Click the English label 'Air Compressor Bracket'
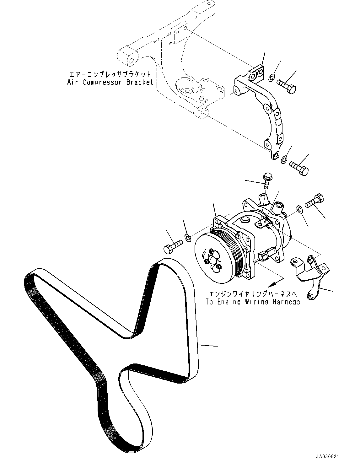tap(110, 82)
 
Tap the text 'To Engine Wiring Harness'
tap(253, 302)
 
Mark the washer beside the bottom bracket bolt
tap(283, 159)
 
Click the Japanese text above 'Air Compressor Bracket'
tap(110, 75)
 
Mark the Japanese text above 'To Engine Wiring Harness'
tap(253, 294)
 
